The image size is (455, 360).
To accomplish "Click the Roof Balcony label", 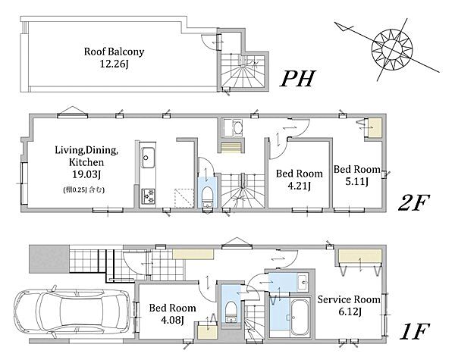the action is click(114, 52).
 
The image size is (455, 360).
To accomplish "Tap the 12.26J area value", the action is click(114, 64).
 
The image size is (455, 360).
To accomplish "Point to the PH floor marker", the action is click(297, 79).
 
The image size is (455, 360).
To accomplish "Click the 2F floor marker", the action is click(413, 203).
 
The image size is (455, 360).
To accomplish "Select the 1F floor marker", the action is click(414, 331).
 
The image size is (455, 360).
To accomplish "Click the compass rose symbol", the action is click(392, 49).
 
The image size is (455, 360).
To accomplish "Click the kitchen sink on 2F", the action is click(148, 158).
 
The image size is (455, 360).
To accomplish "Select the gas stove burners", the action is click(148, 196).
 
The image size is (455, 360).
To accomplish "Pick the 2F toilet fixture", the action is click(207, 195).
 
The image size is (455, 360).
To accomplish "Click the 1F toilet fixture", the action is click(231, 311).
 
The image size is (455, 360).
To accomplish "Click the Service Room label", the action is click(349, 299).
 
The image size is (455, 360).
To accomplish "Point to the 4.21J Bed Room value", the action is click(299, 186).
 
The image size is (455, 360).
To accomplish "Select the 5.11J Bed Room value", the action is click(356, 182).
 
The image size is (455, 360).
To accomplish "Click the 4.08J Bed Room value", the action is click(172, 320).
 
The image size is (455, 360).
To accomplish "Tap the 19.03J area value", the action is click(86, 174).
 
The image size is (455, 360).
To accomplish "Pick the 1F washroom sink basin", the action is click(304, 281).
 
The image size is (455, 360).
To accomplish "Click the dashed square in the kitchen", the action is click(184, 198).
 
